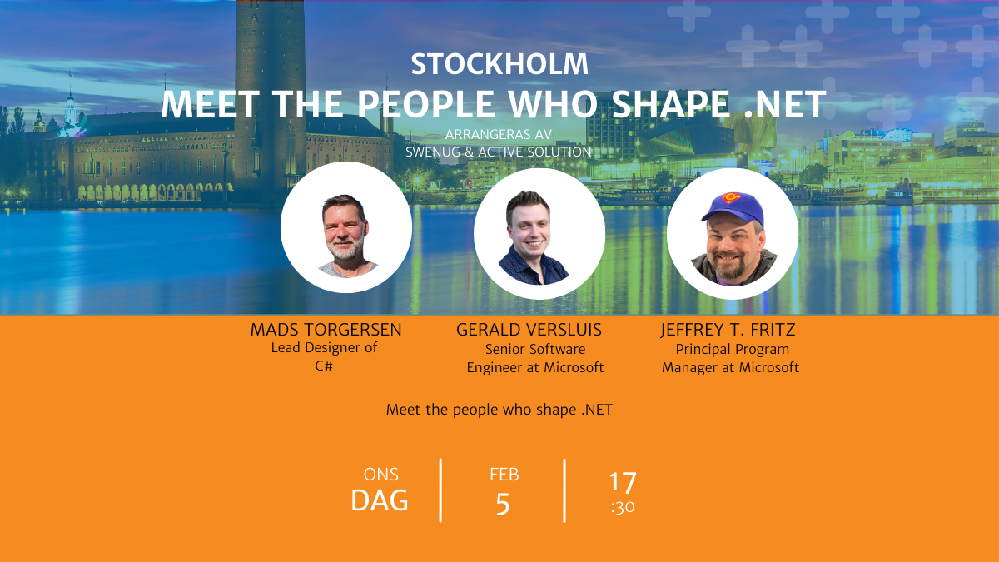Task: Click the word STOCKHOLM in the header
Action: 499,64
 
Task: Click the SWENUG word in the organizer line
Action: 433,152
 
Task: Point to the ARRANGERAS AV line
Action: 499,134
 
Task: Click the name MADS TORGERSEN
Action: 326,330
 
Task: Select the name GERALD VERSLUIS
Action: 529,330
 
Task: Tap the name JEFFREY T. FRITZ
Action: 728,330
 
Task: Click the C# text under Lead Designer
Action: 324,366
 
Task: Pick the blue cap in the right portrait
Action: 732,206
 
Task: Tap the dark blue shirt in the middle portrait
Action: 534,266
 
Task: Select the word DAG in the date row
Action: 380,500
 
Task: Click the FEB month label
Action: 504,475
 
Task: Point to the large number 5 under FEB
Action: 503,505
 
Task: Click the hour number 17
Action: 623,483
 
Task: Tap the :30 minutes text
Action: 623,508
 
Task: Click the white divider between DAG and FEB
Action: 440,490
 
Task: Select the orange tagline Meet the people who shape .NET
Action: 499,410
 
